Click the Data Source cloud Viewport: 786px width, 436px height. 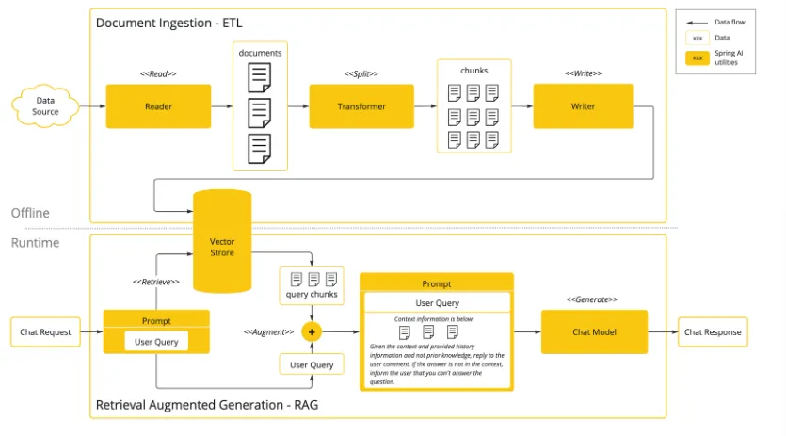pyautogui.click(x=45, y=106)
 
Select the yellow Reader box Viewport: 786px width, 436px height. pyautogui.click(x=158, y=106)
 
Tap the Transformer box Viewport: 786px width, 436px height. pyautogui.click(x=361, y=106)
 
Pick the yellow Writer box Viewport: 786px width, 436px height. pyautogui.click(x=583, y=106)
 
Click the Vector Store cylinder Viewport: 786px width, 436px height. pyautogui.click(x=222, y=242)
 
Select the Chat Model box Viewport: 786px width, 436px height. pyautogui.click(x=594, y=331)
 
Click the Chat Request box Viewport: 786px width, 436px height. pyautogui.click(x=46, y=331)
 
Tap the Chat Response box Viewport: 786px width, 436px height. pyautogui.click(x=712, y=331)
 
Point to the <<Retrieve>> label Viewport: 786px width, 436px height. pyautogui.click(x=156, y=281)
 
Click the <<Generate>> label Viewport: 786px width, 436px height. pyautogui.click(x=592, y=299)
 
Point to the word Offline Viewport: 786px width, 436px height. pyautogui.click(x=30, y=213)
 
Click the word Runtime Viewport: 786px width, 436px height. pyautogui.click(x=35, y=243)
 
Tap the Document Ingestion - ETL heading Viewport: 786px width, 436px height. pyautogui.click(x=169, y=21)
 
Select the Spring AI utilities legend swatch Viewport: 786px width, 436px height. pyautogui.click(x=697, y=58)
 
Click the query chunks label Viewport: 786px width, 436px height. pyautogui.click(x=311, y=295)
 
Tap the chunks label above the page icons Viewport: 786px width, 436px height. pyautogui.click(x=474, y=71)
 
